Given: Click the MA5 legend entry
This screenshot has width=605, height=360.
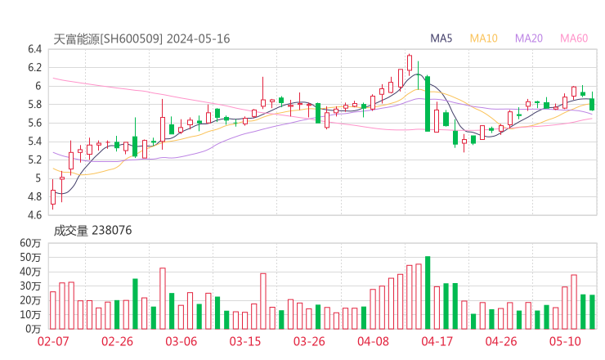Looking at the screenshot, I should (x=441, y=38).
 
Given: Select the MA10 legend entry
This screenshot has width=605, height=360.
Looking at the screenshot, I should (x=483, y=38).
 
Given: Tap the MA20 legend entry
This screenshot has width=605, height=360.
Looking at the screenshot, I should (x=528, y=38).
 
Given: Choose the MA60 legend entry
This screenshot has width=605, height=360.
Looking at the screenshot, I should (x=573, y=38).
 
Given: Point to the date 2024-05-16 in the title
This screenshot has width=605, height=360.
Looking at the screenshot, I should (x=201, y=38).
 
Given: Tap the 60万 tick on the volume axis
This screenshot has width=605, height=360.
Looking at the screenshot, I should (x=31, y=244).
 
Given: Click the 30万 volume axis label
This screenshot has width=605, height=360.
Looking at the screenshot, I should (x=31, y=286).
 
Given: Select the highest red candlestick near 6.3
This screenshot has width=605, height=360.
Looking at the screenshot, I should (x=409, y=62).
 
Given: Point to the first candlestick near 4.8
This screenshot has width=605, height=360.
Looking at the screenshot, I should (x=53, y=196).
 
